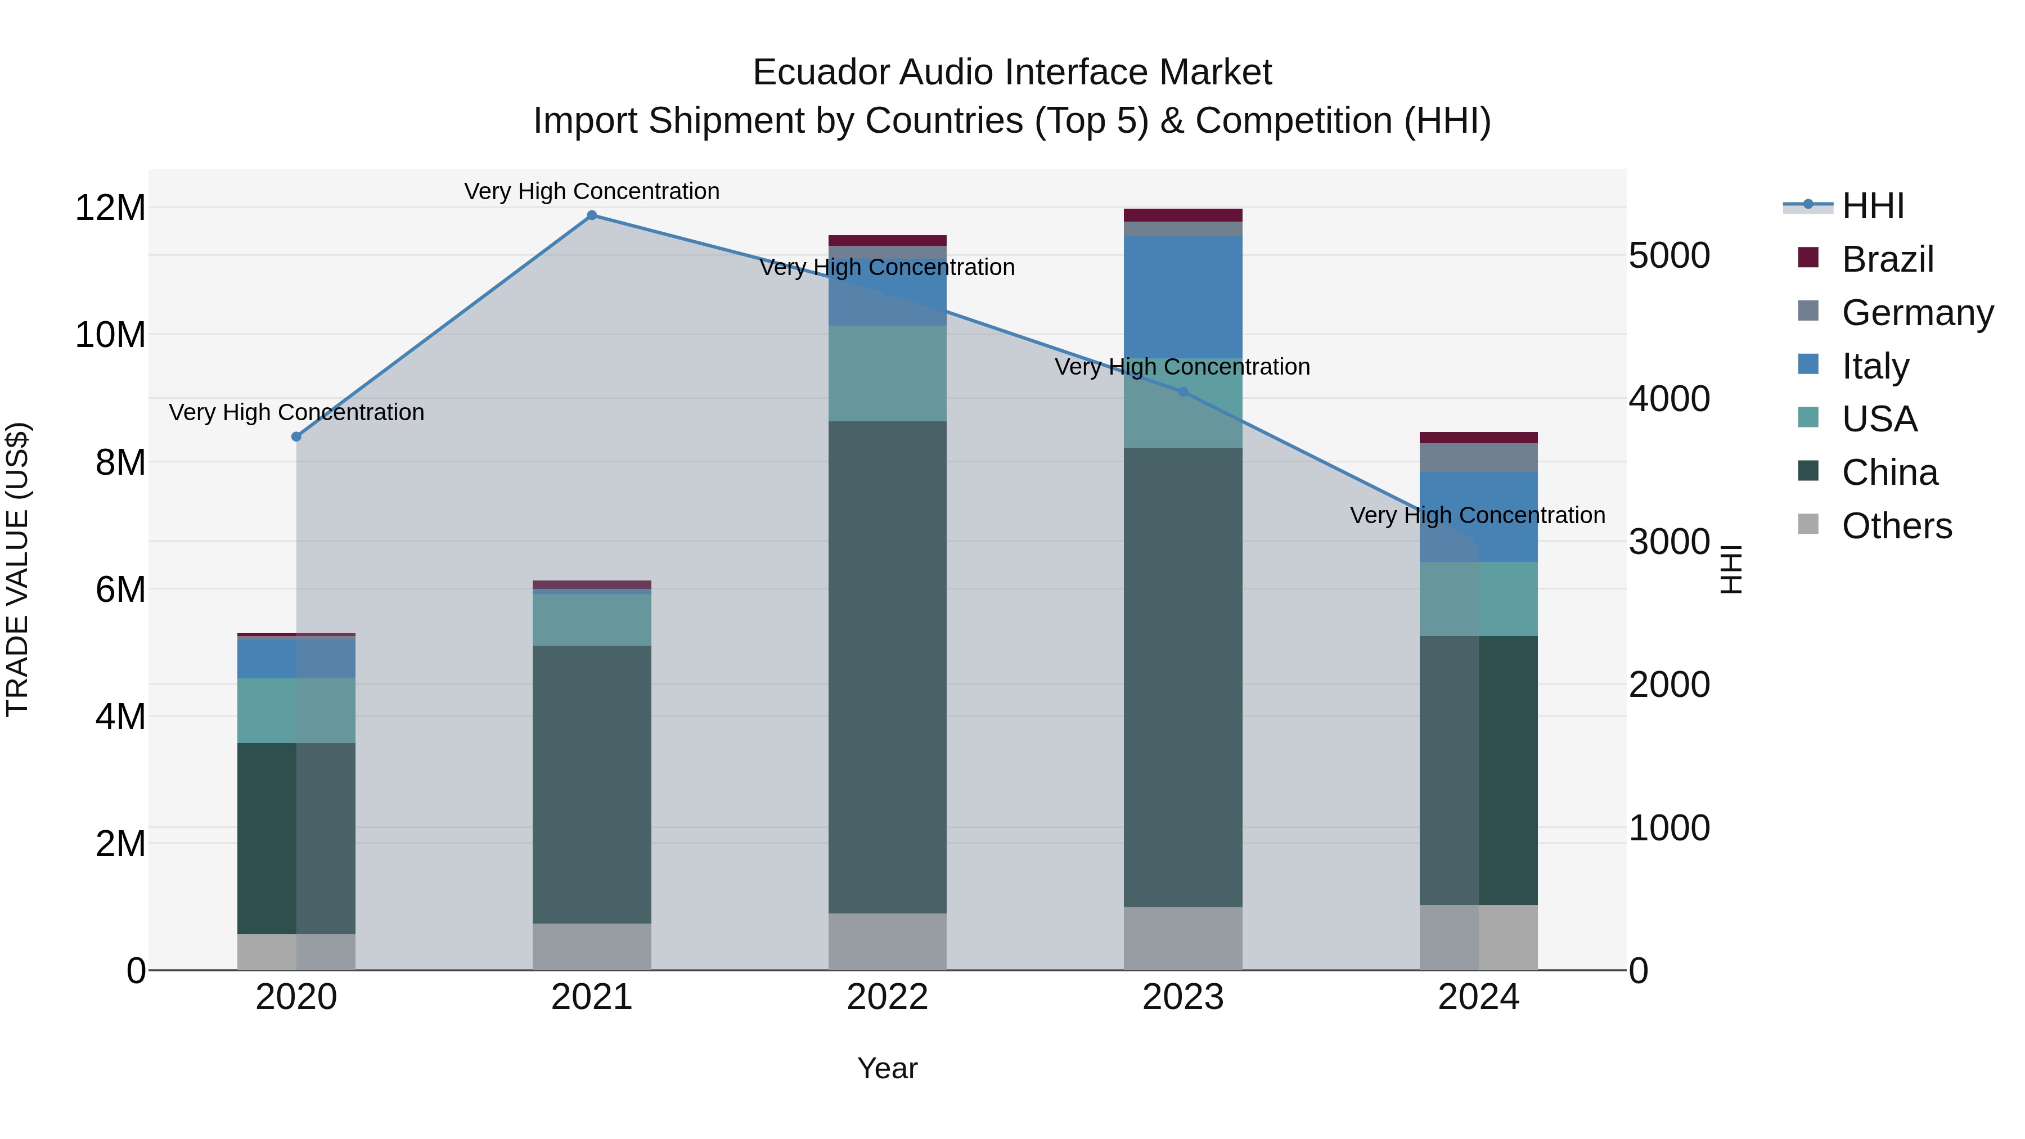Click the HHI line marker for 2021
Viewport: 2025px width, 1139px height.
point(592,215)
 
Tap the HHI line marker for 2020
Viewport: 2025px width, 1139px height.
point(296,437)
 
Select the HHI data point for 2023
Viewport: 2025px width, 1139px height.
point(1183,391)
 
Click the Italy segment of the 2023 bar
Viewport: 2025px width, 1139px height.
point(1183,297)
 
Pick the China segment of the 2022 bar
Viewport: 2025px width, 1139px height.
point(888,667)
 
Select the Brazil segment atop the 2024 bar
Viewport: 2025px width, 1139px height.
point(1479,438)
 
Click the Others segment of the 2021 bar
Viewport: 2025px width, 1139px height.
point(592,947)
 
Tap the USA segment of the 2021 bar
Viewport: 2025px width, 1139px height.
point(592,619)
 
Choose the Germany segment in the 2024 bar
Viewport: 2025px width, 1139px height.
point(1479,457)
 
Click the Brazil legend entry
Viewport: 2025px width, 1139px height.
point(1887,259)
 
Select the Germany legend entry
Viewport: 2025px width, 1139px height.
point(1916,313)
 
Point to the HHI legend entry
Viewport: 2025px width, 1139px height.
point(1873,206)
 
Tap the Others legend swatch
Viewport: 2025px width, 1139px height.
point(1808,524)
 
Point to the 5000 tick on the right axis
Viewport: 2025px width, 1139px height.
point(1669,255)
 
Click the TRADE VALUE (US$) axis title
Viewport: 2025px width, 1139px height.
point(17,569)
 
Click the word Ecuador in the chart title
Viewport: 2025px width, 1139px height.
point(821,73)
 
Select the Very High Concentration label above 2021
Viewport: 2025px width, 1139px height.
point(592,191)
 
